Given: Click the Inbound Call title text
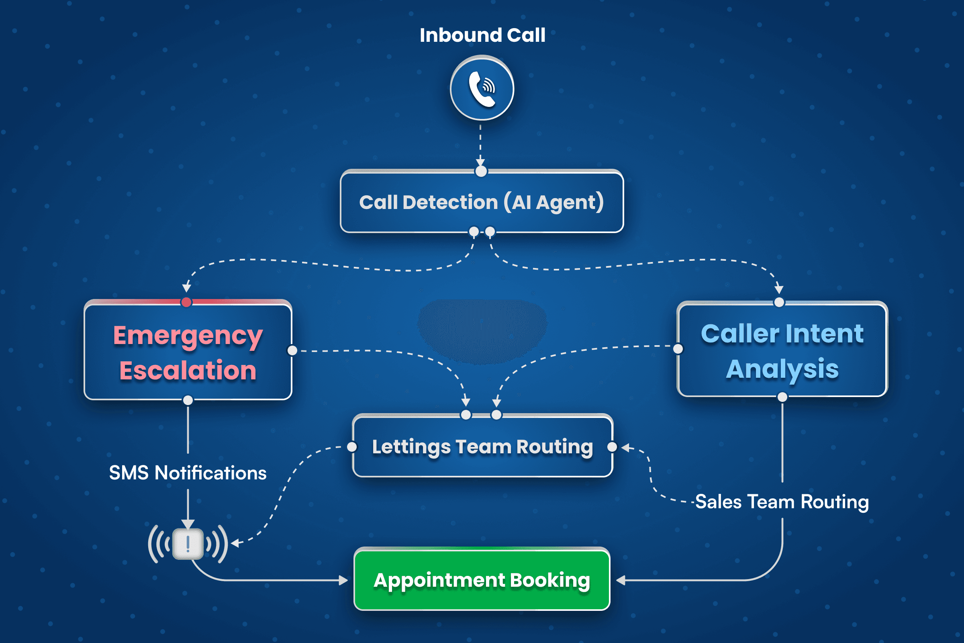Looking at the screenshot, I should point(482,35).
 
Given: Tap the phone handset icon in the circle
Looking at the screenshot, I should point(482,88).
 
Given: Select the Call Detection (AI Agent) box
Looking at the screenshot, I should point(482,202).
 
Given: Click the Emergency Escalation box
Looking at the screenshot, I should point(188,353).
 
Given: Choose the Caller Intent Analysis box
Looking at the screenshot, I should point(782,351).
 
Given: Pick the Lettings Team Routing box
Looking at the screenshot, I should point(482,446).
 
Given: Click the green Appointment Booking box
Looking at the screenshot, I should point(482,580).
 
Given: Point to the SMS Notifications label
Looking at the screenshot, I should point(188,473).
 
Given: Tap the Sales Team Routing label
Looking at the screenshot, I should point(782,502).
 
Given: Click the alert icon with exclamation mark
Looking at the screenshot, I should point(188,544).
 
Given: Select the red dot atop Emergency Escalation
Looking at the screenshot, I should point(186,302).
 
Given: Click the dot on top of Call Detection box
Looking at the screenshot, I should point(481,171).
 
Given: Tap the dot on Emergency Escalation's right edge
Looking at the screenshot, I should point(292,350).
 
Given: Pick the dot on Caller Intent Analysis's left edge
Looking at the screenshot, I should point(678,348).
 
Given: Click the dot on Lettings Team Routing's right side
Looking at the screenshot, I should point(612,447).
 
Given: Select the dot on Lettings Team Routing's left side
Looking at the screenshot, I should point(352,447).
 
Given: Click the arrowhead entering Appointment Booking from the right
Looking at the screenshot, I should point(621,580).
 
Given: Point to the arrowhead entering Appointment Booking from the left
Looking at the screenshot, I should point(343,580).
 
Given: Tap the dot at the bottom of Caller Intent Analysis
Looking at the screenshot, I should point(782,397).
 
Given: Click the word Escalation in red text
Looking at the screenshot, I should point(188,370).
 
